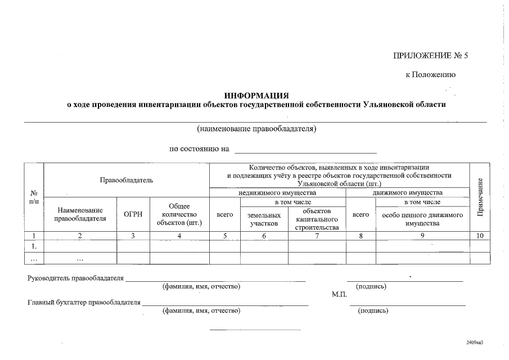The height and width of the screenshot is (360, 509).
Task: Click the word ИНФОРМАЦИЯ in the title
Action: tap(256, 96)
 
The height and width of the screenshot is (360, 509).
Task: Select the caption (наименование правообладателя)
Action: tap(256, 129)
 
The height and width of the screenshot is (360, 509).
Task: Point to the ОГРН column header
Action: tap(133, 214)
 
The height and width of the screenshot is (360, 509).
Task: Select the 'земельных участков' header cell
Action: tap(264, 219)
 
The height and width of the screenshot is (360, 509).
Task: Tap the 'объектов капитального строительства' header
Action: tap(317, 219)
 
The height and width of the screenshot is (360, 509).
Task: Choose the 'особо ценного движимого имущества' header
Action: tap(422, 219)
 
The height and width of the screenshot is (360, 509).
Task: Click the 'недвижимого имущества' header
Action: tap(277, 192)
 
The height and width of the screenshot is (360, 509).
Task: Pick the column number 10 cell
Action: tap(480, 236)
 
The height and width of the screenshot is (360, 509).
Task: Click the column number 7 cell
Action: tap(317, 236)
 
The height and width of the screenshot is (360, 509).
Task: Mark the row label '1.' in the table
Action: tap(34, 246)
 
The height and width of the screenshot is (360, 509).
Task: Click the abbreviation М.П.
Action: tap(340, 294)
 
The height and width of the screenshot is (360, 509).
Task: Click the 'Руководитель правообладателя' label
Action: tap(75, 278)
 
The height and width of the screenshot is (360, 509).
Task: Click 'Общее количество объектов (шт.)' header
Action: tap(179, 214)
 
